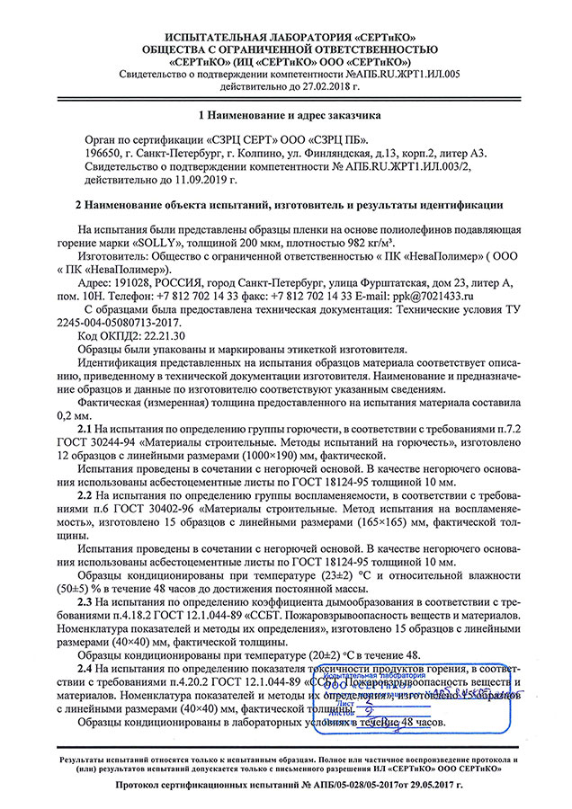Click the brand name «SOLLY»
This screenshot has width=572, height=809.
(167, 241)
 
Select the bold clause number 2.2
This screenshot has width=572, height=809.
(85, 494)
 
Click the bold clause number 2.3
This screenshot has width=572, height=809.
(85, 600)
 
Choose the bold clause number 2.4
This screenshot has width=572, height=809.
(85, 669)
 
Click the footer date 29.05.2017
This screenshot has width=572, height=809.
(430, 785)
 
